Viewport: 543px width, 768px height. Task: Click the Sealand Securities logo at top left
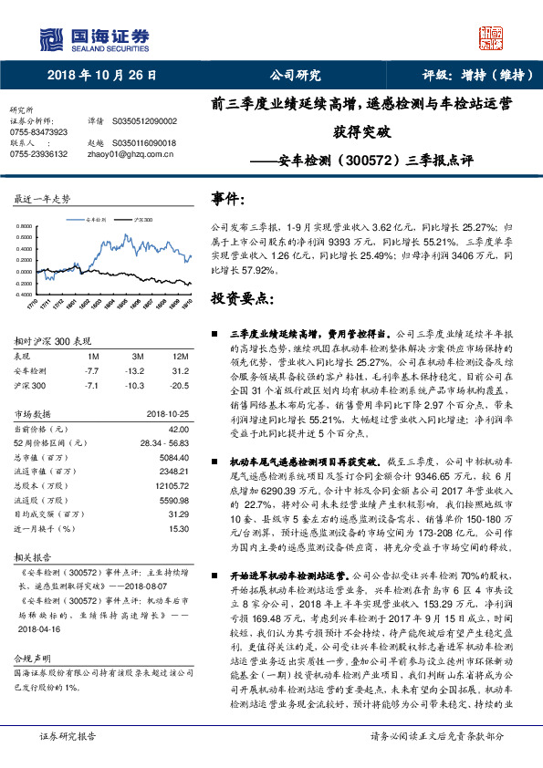tap(95, 37)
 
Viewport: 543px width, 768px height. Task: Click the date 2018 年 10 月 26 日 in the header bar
tap(101, 76)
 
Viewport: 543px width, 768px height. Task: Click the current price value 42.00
tap(179, 429)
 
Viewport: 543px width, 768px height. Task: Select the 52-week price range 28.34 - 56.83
tap(164, 443)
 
